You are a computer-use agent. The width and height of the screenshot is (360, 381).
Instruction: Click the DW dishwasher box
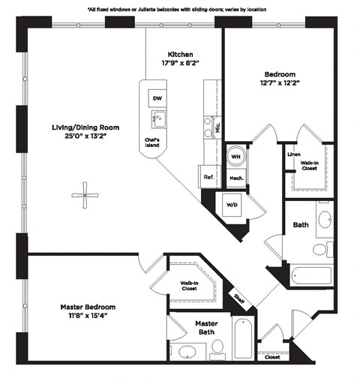pyautogui.click(x=157, y=99)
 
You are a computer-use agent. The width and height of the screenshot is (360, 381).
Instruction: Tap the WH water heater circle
pyautogui.click(x=235, y=156)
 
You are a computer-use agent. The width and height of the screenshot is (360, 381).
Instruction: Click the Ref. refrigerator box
pyautogui.click(x=208, y=178)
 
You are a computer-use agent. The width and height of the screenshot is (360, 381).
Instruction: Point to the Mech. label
pyautogui.click(x=235, y=178)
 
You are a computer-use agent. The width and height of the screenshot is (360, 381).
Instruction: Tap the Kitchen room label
pyautogui.click(x=180, y=55)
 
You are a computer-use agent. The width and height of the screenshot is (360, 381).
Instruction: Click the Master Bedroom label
pyautogui.click(x=88, y=307)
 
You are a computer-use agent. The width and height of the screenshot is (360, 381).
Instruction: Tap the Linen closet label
pyautogui.click(x=293, y=154)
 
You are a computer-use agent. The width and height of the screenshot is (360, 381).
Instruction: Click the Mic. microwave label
pyautogui.click(x=217, y=127)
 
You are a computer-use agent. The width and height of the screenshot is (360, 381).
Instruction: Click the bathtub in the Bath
pyautogui.click(x=309, y=275)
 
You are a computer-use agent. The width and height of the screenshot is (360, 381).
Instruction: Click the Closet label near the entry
pyautogui.click(x=273, y=358)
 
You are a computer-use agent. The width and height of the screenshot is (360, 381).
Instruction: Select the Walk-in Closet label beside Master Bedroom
pyautogui.click(x=189, y=286)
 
